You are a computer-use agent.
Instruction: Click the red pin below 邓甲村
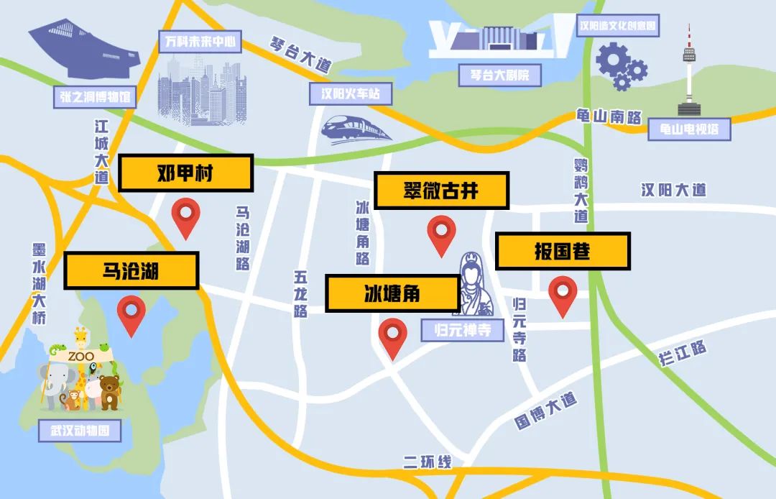coord(187,214)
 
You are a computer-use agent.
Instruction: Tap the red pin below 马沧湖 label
coord(131,313)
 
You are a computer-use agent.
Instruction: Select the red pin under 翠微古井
coord(441,232)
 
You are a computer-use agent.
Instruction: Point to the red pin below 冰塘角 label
coord(392,336)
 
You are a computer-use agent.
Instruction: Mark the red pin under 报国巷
coord(563,293)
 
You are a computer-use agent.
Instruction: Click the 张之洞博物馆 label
coord(95,97)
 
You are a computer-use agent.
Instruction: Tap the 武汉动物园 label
coord(80,431)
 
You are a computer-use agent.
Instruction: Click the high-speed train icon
coord(356,128)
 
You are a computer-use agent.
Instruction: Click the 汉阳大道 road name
coord(674,190)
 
